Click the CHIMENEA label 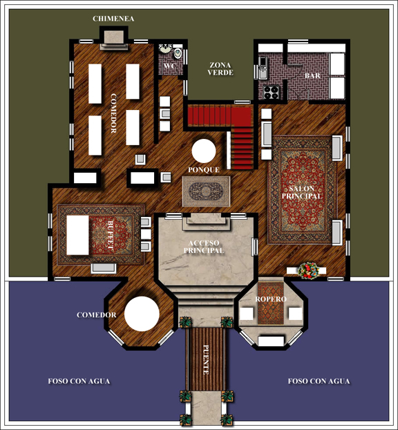(113, 19)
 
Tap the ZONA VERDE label (220, 69)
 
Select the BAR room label (312, 75)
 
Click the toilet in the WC (178, 53)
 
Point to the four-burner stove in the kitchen (271, 92)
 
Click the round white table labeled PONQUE (204, 151)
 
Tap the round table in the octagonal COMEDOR (142, 314)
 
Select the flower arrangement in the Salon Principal (308, 270)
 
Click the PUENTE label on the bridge (206, 359)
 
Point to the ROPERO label (271, 299)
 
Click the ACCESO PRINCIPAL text (204, 247)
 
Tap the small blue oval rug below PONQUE (206, 191)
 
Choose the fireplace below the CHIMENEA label (114, 39)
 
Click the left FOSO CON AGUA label (79, 381)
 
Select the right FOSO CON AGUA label (319, 381)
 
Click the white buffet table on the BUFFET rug (77, 235)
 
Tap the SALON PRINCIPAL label (301, 192)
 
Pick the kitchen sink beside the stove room (263, 68)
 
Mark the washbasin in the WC (166, 48)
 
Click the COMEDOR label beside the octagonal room (97, 315)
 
